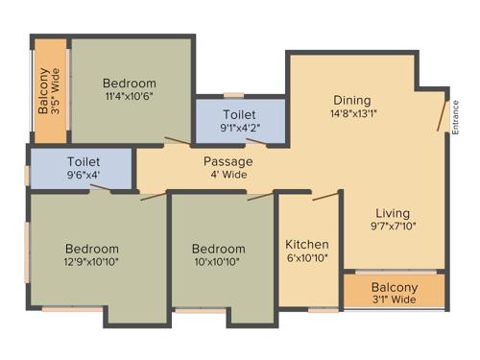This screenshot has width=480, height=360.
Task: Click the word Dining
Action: coord(352,101)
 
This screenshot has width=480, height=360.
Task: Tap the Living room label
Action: coord(393,213)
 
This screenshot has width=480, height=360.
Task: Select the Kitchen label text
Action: coord(307,245)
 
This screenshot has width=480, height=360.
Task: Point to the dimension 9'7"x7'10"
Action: coord(393,228)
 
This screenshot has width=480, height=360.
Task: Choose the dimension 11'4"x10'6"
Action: coord(130,96)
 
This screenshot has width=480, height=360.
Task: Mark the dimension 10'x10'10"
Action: coord(217,261)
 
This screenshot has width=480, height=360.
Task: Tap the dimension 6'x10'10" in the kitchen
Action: coord(307,259)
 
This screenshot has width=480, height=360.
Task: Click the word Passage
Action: coord(228,161)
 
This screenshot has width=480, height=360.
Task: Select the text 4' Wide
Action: coord(228,175)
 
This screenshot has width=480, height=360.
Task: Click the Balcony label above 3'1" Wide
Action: coord(395,287)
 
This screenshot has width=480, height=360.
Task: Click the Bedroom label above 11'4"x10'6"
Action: coord(130,83)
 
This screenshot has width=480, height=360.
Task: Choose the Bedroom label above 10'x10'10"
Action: coord(217,248)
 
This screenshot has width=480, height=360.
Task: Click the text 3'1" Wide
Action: coord(395,300)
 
